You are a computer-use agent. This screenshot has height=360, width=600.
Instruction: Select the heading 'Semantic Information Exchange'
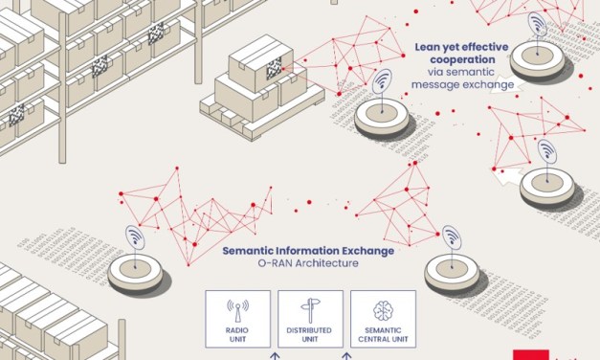(x=307, y=251)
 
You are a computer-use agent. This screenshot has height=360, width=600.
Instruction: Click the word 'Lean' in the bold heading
(x=427, y=45)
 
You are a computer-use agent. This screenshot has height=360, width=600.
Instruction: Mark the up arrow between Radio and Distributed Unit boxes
(x=274, y=354)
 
